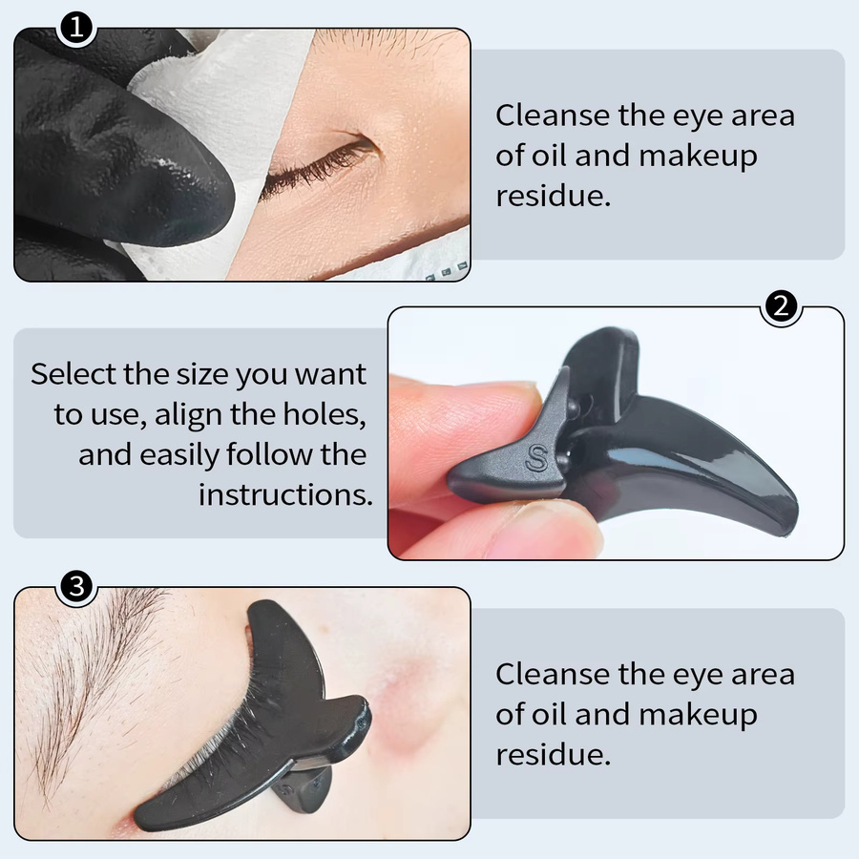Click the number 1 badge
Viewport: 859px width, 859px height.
pos(76,27)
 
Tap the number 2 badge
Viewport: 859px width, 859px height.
pos(781,305)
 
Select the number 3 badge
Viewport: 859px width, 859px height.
pos(76,586)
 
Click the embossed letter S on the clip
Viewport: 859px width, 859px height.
pos(536,458)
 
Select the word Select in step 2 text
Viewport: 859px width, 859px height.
pos(73,374)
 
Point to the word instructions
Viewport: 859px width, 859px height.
pos(285,494)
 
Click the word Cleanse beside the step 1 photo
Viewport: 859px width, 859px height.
pos(553,115)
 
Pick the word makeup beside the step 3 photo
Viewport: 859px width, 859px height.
pos(698,714)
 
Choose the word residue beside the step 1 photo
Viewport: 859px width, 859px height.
pos(554,196)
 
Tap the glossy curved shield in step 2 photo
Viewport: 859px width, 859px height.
pos(684,454)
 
